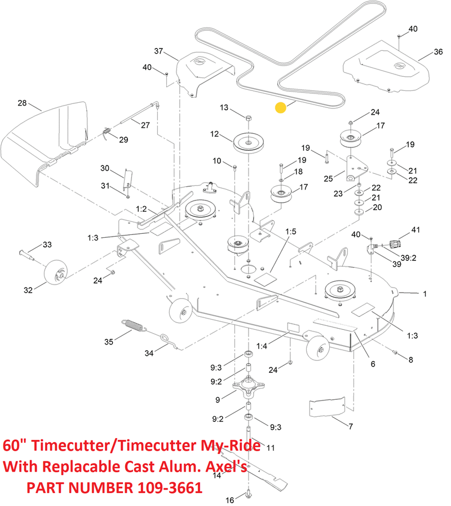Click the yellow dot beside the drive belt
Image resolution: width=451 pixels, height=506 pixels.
click(280, 107)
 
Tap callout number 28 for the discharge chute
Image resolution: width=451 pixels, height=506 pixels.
click(22, 103)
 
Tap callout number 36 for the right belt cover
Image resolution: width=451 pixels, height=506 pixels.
click(438, 52)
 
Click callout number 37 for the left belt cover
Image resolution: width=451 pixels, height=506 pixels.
click(158, 51)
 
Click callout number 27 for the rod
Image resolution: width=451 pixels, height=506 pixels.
click(145, 125)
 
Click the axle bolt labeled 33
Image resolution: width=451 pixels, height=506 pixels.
click(26, 252)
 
